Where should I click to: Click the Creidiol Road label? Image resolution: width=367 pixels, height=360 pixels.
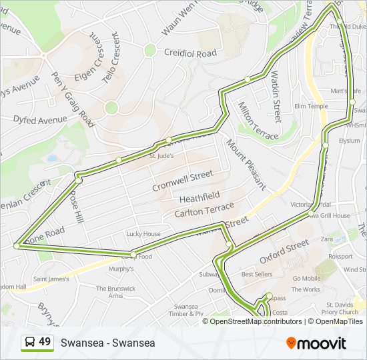pyautogui.click(x=190, y=53)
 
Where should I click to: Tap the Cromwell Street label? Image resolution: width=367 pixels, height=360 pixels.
pyautogui.click(x=182, y=180)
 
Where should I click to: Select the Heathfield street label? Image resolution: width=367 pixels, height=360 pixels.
pyautogui.click(x=199, y=198)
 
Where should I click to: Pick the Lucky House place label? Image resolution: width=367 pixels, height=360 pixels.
pyautogui.click(x=143, y=234)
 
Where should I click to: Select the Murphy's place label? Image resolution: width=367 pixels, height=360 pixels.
pyautogui.click(x=121, y=269)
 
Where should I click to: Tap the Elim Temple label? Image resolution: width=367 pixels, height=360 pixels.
pyautogui.click(x=311, y=106)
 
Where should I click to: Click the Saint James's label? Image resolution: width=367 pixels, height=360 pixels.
pyautogui.click(x=51, y=279)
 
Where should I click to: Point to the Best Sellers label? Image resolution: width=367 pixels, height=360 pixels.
pyautogui.click(x=256, y=274)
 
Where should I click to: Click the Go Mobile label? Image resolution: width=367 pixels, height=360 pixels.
pyautogui.click(x=307, y=279)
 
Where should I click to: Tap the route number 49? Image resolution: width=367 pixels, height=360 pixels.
pyautogui.click(x=45, y=342)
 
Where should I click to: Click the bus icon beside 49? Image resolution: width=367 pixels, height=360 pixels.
pyautogui.click(x=30, y=343)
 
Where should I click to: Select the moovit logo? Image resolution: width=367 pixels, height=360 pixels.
pyautogui.click(x=316, y=343)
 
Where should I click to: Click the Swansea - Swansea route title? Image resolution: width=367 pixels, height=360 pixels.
pyautogui.click(x=107, y=343)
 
